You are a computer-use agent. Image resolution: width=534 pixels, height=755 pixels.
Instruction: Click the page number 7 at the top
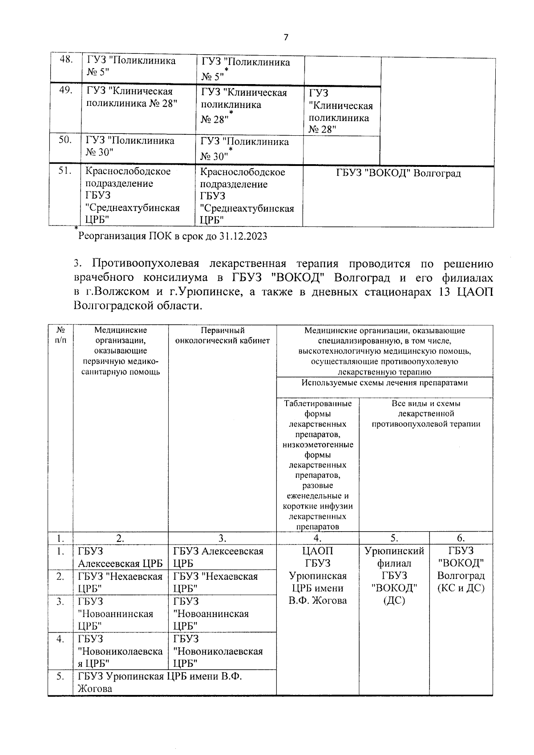click(x=286, y=37)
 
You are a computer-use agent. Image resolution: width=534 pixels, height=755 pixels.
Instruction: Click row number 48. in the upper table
click(x=66, y=60)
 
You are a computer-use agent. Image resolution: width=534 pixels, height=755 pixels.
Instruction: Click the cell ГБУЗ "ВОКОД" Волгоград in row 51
click(x=398, y=173)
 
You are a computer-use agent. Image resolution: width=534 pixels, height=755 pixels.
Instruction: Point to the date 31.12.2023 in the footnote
click(x=243, y=236)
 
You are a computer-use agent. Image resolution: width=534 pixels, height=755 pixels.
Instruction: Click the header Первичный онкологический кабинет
click(x=222, y=336)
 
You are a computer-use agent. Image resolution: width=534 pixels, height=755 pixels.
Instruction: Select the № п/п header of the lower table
click(x=61, y=335)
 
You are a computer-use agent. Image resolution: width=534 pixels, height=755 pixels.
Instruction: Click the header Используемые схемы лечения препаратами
click(x=384, y=383)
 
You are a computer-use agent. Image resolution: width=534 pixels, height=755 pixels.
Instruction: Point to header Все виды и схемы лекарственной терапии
click(x=426, y=414)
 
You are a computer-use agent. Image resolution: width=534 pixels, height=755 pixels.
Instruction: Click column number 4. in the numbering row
click(x=318, y=538)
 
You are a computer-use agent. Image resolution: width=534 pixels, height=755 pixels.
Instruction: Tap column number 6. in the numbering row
click(x=461, y=538)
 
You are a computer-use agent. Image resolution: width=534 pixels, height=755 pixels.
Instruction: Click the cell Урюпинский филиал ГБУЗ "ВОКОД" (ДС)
click(x=394, y=576)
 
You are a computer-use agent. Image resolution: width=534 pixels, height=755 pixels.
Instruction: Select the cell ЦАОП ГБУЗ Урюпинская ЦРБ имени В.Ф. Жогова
click(x=318, y=576)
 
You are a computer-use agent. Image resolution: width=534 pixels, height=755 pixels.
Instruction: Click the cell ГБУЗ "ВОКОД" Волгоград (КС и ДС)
click(x=461, y=569)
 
